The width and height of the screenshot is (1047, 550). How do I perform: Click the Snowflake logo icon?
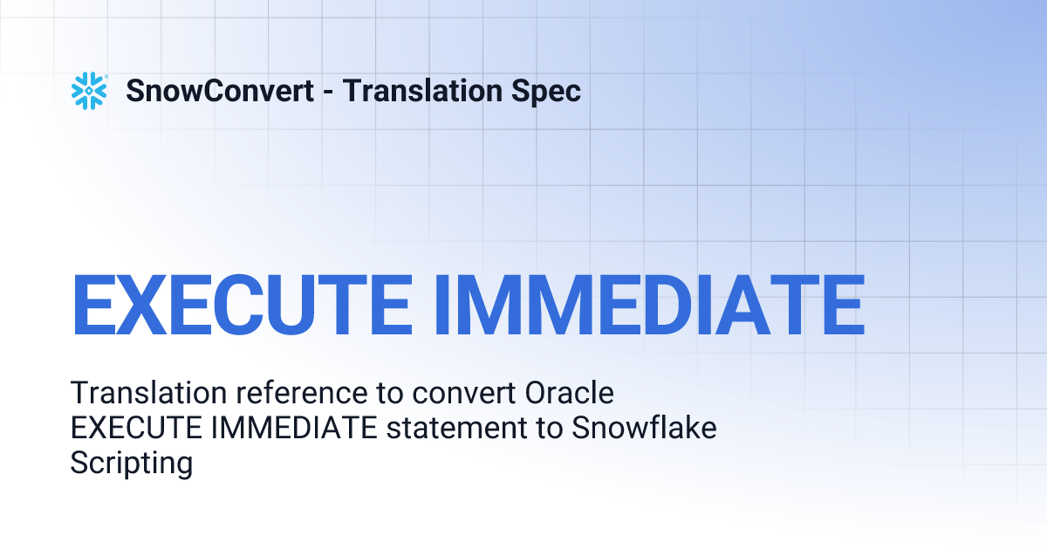tap(89, 91)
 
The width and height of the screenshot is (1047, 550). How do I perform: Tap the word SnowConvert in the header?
tap(220, 91)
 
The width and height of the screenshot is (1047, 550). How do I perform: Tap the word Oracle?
tap(570, 393)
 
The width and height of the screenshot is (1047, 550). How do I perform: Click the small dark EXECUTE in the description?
tap(129, 428)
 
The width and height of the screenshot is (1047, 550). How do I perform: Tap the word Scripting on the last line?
tap(131, 464)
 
